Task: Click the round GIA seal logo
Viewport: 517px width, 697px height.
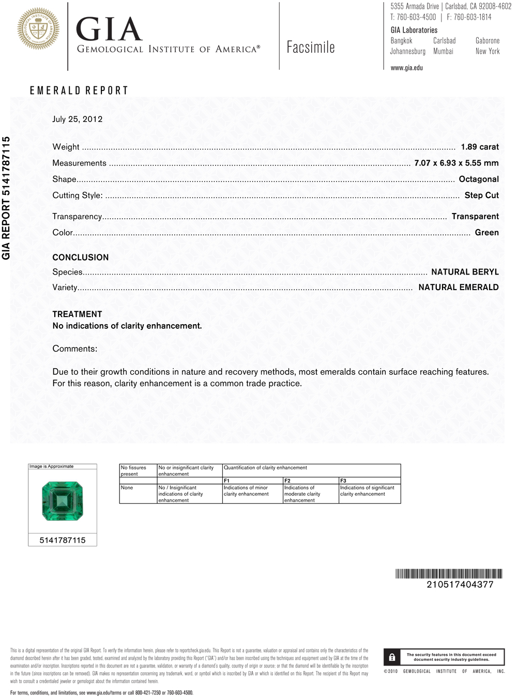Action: [x=38, y=29]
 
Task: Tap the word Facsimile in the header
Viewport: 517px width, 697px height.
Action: [x=311, y=48]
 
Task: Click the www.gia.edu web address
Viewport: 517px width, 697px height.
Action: [x=406, y=68]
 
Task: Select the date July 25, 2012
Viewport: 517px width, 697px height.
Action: [x=78, y=119]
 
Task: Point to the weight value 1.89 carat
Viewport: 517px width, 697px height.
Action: [x=480, y=147]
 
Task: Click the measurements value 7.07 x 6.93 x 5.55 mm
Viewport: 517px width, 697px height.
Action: [x=457, y=163]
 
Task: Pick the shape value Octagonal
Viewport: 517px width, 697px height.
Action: [x=479, y=179]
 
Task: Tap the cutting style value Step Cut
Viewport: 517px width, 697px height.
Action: [x=481, y=195]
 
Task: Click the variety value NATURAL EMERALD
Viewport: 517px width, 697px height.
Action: [x=459, y=287]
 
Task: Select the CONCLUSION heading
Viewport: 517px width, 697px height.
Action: [x=81, y=257]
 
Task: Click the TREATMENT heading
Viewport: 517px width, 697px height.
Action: [x=77, y=314]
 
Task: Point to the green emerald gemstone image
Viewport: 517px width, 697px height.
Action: [x=63, y=501]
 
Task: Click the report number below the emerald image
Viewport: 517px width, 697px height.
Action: [x=63, y=540]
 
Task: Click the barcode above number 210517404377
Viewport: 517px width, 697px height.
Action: [x=449, y=573]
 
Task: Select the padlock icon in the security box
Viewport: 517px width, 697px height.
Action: [x=392, y=657]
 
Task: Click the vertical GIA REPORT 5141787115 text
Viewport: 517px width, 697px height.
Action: [x=6, y=198]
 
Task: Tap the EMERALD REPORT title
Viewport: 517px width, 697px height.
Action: [x=79, y=90]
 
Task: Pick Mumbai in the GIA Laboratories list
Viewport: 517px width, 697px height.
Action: [x=443, y=51]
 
